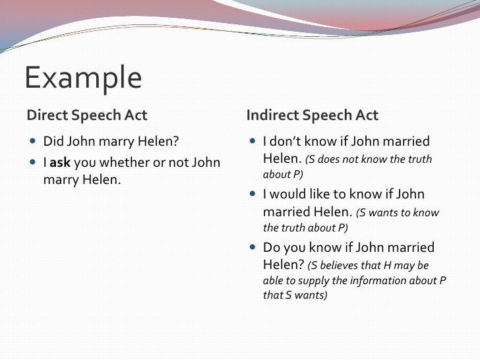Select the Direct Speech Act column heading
coord(87,115)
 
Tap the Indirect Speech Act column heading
coord(312,115)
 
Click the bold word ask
coord(60,162)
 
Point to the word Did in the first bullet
coord(53,142)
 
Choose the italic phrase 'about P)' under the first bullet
coord(277,175)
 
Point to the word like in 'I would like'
coord(319,195)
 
